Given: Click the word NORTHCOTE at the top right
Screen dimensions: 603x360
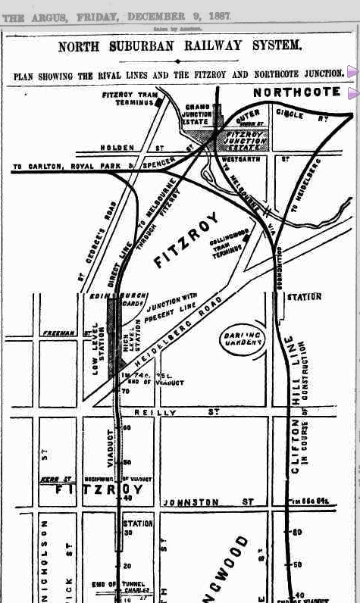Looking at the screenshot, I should [x=298, y=92].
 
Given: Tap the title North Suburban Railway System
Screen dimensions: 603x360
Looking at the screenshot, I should [x=180, y=46].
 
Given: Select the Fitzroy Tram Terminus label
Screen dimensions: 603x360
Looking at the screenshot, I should [x=127, y=98].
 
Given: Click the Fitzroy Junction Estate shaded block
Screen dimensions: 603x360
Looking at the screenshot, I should [x=244, y=138].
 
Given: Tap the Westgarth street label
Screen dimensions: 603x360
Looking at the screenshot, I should [x=245, y=160].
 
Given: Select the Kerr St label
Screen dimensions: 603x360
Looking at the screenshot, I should [x=52, y=479].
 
